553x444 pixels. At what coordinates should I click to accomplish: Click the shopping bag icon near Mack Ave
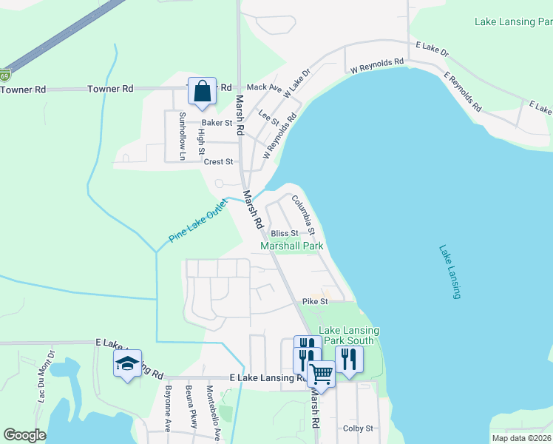point(202,91)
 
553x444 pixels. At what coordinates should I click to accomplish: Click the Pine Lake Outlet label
point(197,221)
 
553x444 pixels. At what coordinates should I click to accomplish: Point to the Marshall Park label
point(292,246)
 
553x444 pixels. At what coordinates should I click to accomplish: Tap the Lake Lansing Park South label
point(349,335)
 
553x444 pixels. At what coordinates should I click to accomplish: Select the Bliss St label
point(284,233)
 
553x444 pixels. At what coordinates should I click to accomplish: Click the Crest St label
point(219,161)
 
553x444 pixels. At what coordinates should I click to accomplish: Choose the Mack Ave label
point(264,88)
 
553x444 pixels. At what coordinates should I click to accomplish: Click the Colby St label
point(359,428)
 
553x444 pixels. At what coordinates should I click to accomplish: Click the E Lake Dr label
point(432,48)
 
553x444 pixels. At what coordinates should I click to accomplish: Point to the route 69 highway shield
point(5,75)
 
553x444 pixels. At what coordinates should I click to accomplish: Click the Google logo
point(24,434)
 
